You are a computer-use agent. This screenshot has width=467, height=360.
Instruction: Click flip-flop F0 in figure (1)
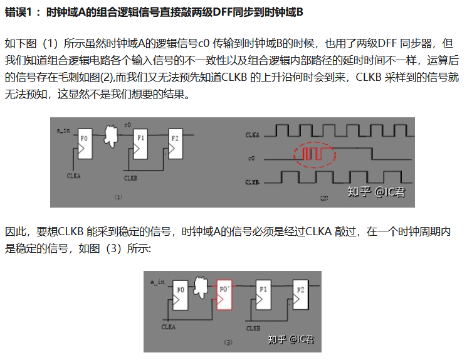85,143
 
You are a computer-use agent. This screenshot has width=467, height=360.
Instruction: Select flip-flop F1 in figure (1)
141,143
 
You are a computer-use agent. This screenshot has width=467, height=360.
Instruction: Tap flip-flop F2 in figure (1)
176,143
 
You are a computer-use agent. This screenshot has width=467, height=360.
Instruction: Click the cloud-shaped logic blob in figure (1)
112,134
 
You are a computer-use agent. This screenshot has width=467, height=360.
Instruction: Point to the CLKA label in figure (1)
73,176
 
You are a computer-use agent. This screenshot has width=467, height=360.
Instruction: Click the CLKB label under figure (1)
130,178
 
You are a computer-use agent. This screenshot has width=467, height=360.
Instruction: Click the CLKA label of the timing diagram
252,134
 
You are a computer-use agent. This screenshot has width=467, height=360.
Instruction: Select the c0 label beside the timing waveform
253,157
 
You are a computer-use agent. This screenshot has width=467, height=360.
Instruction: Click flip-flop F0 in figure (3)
181,295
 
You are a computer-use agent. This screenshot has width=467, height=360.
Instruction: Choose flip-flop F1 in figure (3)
263,295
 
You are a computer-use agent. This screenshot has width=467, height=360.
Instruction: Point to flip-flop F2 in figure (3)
300,295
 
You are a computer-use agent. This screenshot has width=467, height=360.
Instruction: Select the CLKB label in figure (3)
253,328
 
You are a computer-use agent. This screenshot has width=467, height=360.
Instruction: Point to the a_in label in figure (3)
157,283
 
